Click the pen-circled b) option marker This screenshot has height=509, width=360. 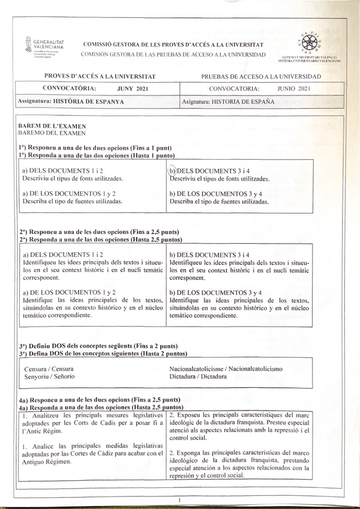pos(173,171)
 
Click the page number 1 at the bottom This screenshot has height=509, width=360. pos(179,499)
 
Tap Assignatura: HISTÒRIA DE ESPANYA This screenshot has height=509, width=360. pos(71,102)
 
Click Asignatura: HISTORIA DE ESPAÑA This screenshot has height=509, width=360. pos(228,102)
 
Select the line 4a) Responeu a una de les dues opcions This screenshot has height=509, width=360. pos(99,399)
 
